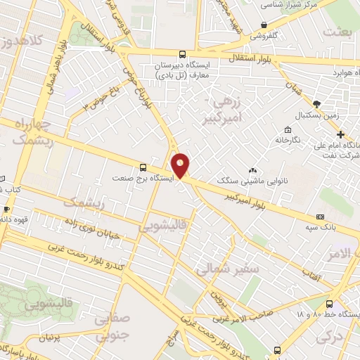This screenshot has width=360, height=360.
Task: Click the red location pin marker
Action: (x=181, y=165)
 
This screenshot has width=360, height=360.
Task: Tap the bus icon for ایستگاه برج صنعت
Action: (x=143, y=167)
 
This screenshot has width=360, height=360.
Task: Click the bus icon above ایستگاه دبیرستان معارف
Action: (x=183, y=54)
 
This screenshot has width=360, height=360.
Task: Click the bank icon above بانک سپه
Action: (x=321, y=217)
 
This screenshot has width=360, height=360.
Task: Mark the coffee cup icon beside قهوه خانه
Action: (x=6, y=209)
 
